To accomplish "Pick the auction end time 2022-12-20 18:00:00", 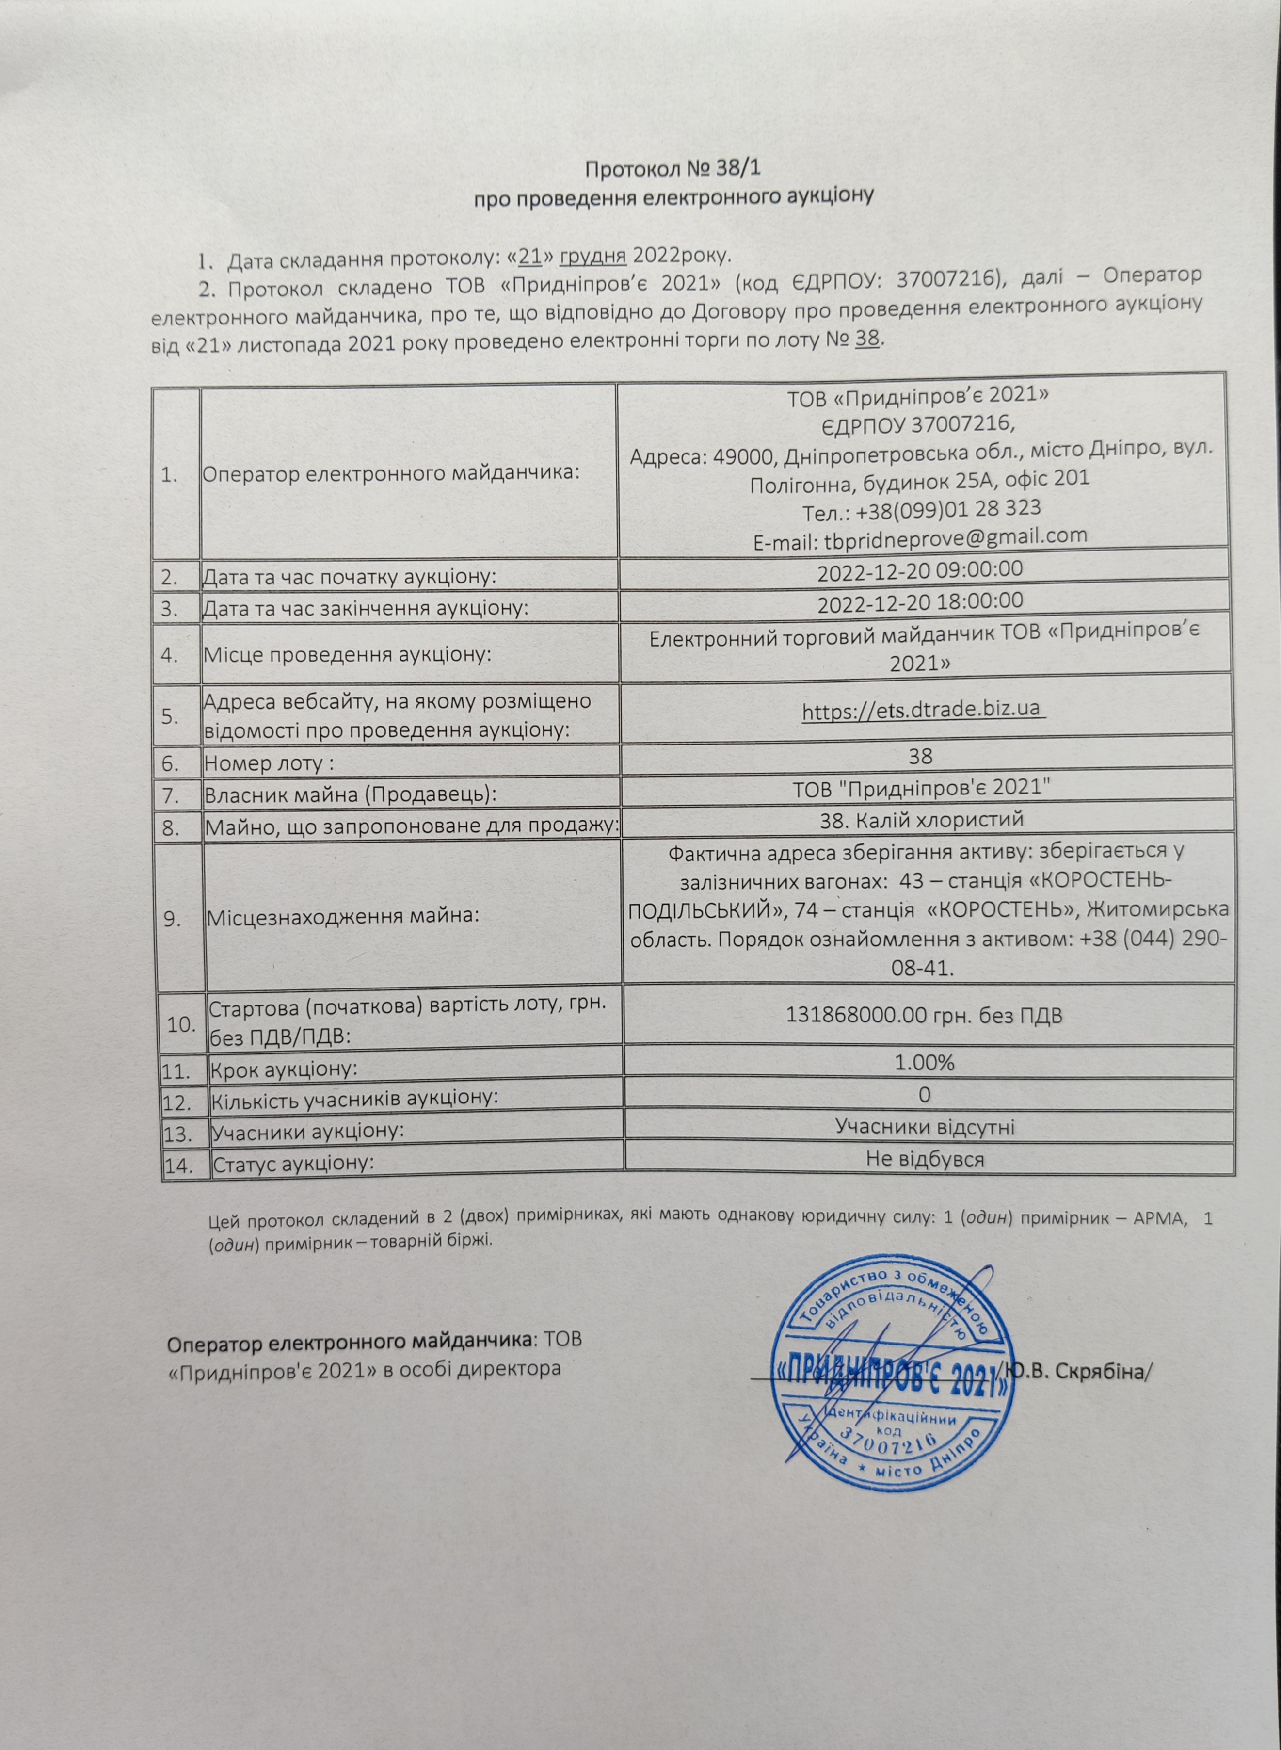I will tap(920, 600).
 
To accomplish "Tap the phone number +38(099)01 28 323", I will tap(920, 507).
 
